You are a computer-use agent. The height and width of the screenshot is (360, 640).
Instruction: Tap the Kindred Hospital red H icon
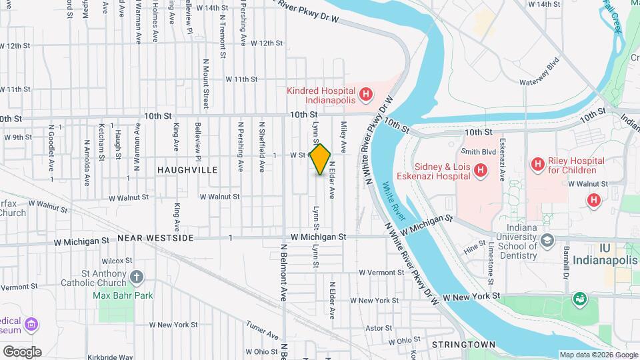tap(365, 95)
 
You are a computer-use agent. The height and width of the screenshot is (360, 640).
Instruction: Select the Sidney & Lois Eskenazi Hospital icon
tap(479, 171)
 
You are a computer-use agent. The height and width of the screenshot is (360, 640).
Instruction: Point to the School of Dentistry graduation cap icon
tap(547, 240)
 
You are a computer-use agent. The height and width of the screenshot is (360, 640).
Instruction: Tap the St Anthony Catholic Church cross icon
tap(136, 277)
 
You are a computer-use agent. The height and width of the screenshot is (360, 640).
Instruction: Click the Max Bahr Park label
tap(123, 295)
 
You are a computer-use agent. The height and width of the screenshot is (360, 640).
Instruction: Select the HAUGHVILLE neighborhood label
tap(187, 171)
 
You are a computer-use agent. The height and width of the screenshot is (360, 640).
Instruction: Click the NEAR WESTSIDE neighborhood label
tap(155, 238)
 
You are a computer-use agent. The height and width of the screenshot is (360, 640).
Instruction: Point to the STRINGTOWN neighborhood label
tap(464, 345)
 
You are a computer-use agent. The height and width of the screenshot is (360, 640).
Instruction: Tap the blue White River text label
tap(395, 201)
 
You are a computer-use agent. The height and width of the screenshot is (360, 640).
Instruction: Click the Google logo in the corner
tap(21, 351)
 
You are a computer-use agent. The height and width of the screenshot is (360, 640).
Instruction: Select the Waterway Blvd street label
tap(539, 75)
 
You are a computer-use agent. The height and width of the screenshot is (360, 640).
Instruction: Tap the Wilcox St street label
tap(113, 261)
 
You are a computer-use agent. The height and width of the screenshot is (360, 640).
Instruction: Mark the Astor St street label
tap(379, 328)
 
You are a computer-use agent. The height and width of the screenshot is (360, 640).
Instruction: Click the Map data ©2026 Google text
tap(598, 355)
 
